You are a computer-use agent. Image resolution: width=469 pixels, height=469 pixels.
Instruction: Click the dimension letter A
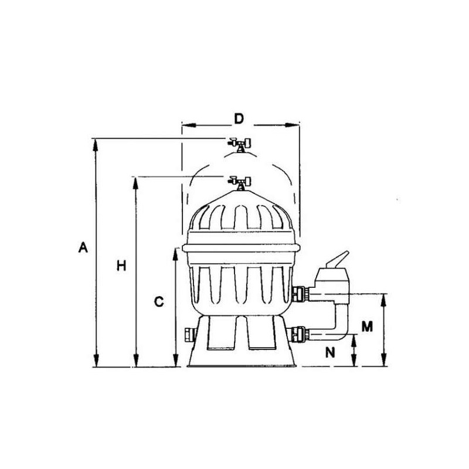(83, 247)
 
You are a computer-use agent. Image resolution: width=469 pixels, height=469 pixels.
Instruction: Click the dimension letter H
(121, 266)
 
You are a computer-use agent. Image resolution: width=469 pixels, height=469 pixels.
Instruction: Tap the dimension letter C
(159, 301)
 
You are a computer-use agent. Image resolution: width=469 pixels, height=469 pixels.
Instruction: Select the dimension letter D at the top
(239, 119)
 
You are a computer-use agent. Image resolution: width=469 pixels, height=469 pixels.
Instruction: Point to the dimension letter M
(367, 327)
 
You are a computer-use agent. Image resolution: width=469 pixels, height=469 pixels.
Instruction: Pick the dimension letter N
(330, 353)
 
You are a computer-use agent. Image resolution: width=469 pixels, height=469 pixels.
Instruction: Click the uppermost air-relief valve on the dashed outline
(239, 144)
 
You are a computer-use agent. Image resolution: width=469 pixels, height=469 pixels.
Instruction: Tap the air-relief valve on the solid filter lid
(239, 183)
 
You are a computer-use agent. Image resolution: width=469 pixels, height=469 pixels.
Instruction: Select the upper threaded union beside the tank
(299, 294)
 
